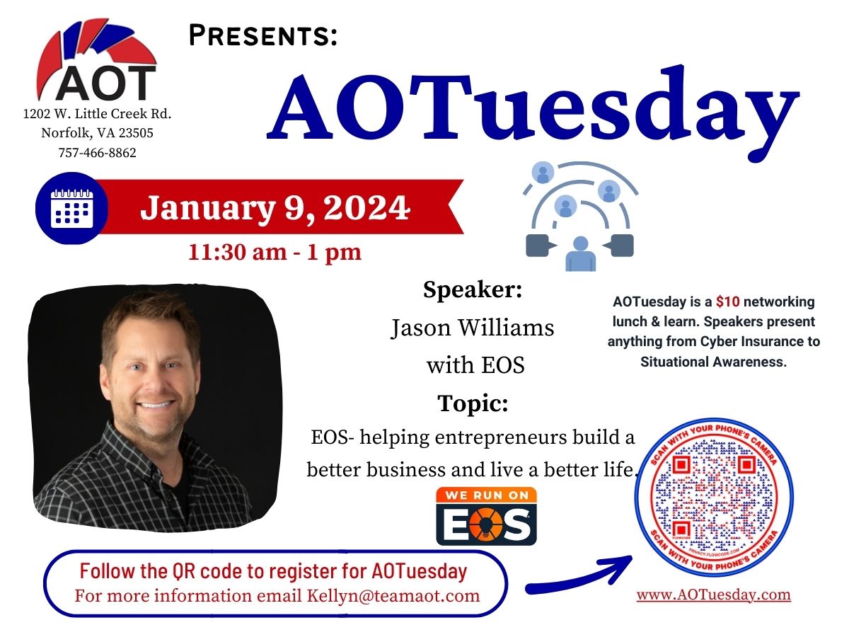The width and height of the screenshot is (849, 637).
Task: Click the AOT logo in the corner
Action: [97, 60]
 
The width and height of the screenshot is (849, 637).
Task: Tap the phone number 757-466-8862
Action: [97, 153]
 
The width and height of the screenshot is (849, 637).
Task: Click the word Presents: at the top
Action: [263, 35]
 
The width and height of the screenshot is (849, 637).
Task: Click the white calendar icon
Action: [72, 209]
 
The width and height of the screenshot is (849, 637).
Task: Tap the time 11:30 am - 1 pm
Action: [275, 252]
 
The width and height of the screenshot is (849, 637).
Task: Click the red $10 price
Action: [727, 302]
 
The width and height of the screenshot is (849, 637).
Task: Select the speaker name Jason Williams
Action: [473, 328]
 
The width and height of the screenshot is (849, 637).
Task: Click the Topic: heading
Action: [473, 403]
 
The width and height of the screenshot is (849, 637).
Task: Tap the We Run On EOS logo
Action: [486, 516]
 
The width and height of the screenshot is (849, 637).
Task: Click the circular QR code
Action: [714, 498]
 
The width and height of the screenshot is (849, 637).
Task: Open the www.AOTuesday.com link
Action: [714, 595]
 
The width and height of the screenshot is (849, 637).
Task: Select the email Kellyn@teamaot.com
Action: [393, 596]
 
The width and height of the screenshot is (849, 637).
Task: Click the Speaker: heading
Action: [473, 289]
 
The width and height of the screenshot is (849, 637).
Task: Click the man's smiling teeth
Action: [156, 405]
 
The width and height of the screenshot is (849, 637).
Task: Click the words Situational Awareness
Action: [714, 362]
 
